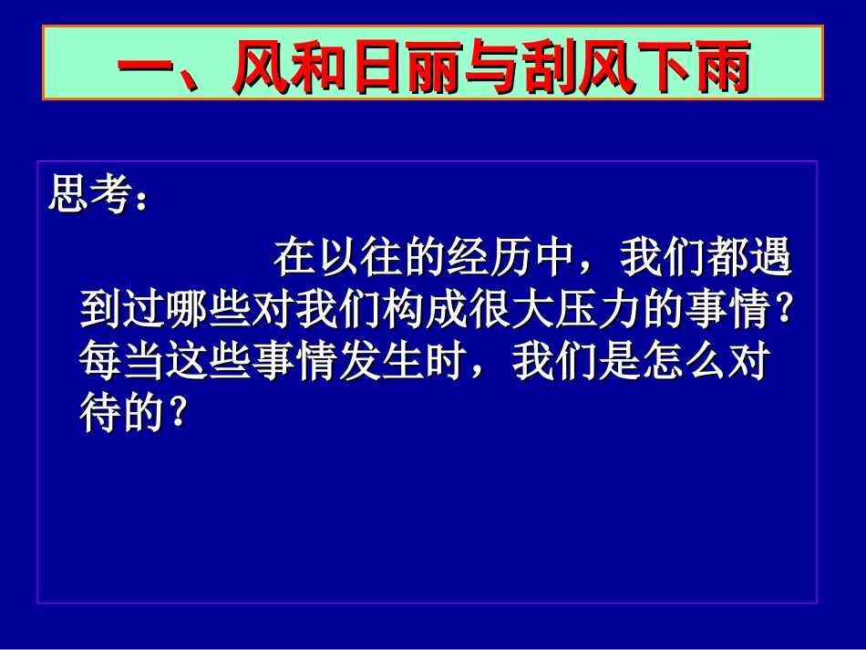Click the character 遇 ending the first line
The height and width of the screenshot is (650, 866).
(x=771, y=260)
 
